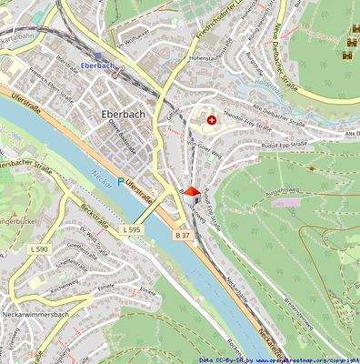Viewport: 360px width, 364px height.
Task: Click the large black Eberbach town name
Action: point(116,116)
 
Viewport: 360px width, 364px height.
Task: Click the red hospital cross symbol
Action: point(212,119)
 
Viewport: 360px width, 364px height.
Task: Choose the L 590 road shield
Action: point(38,248)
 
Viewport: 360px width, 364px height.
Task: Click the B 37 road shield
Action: point(182,235)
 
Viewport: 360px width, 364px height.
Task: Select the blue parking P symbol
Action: point(119,183)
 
